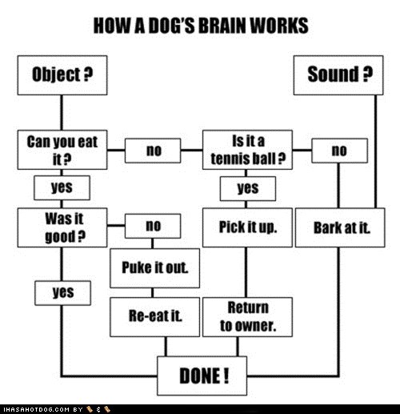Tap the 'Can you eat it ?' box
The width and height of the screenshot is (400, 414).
(x=62, y=150)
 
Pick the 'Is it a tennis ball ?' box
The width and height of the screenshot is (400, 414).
(x=247, y=150)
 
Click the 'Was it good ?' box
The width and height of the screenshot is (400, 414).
(x=62, y=227)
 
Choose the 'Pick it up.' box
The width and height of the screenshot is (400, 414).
(x=247, y=227)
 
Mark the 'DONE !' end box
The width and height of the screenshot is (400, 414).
(x=202, y=374)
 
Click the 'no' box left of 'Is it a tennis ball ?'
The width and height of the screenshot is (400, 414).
(x=154, y=150)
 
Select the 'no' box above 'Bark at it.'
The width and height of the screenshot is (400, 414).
(x=339, y=150)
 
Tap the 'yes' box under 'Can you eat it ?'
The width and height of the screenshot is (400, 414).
(x=62, y=187)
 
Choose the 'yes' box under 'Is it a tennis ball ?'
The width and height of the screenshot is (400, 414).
(x=247, y=188)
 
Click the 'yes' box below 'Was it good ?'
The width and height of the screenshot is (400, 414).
(x=62, y=293)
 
